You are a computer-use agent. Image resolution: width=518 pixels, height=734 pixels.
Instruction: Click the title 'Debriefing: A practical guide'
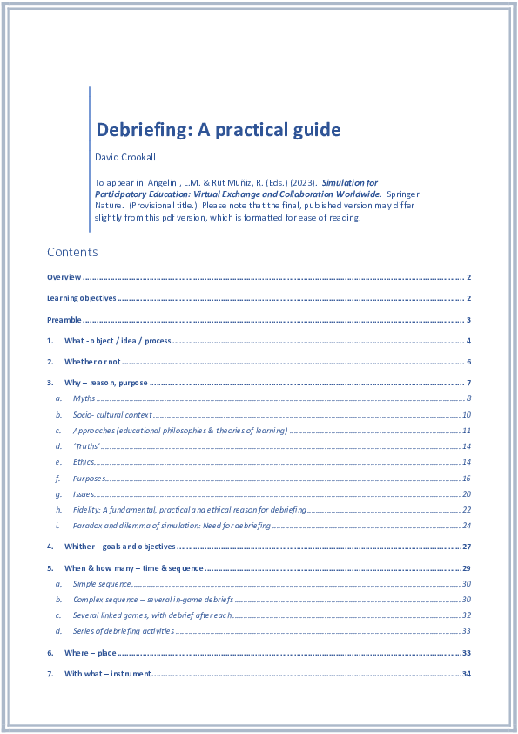(218, 131)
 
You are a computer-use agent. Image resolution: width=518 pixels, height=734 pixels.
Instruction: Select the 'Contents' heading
(72, 252)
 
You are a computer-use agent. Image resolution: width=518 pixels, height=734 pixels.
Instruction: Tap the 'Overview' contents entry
(64, 277)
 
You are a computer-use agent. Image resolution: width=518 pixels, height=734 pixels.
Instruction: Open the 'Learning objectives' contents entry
(82, 298)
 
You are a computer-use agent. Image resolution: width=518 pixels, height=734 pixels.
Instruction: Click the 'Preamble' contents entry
(64, 320)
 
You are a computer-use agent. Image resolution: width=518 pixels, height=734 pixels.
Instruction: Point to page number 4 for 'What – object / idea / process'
(468, 341)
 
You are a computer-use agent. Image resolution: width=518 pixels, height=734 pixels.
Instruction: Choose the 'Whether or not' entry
(92, 362)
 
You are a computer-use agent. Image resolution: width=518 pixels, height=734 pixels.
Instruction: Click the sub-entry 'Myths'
(84, 398)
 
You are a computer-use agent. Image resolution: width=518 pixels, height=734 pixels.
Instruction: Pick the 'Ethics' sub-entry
(84, 462)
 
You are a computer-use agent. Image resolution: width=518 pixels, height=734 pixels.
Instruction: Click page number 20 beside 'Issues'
(467, 494)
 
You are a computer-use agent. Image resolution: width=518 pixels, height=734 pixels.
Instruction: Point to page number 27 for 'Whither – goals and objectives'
(467, 547)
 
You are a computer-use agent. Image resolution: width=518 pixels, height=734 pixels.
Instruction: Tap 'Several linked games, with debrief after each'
(152, 615)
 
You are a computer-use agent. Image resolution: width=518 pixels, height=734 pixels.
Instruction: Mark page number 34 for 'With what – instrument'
(467, 674)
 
